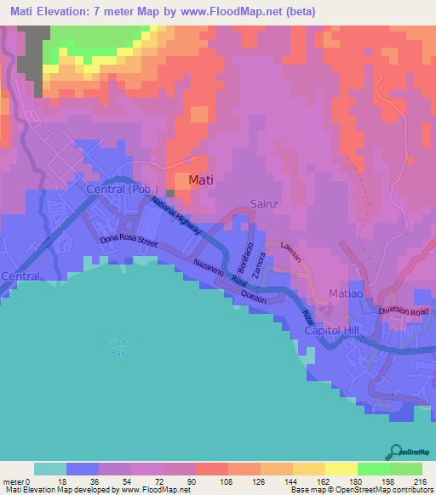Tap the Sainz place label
[x=264, y=203]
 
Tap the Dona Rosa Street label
[x=129, y=242]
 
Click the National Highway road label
[x=176, y=214]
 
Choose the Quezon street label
[x=254, y=296]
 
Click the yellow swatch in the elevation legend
[x=341, y=469]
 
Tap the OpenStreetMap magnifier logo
[x=395, y=452]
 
